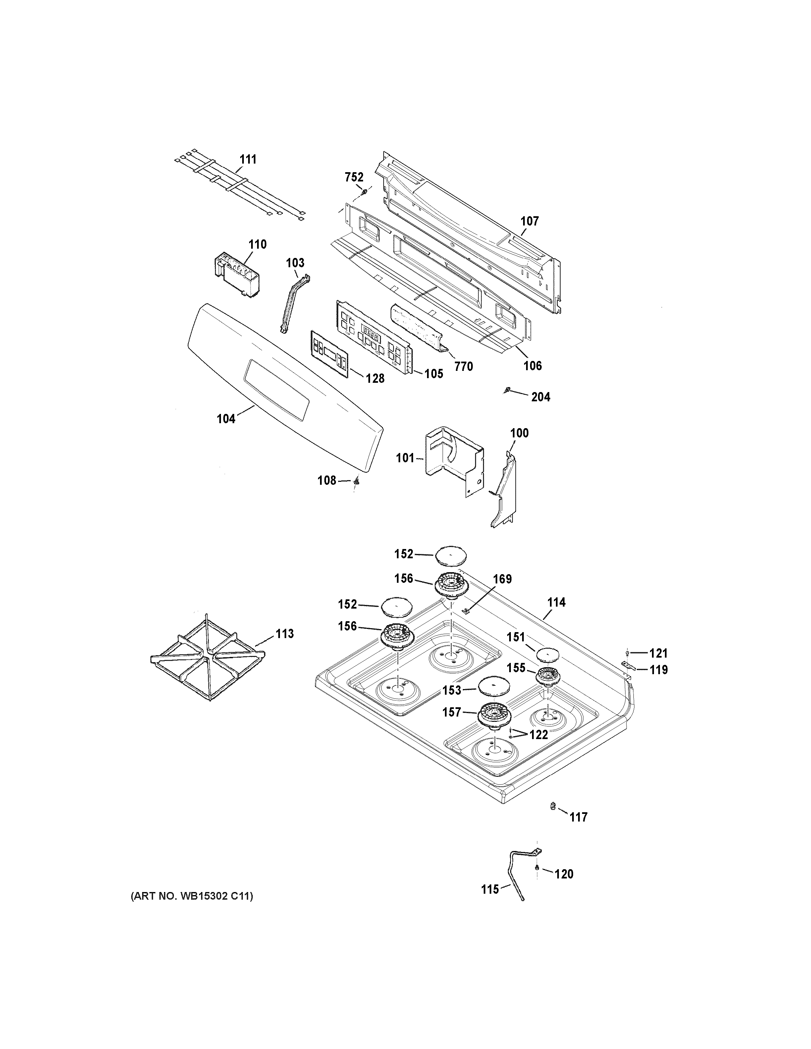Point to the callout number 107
click(529, 222)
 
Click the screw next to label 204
click(507, 390)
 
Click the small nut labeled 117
click(553, 806)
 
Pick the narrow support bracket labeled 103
click(294, 304)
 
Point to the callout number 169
click(502, 579)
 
